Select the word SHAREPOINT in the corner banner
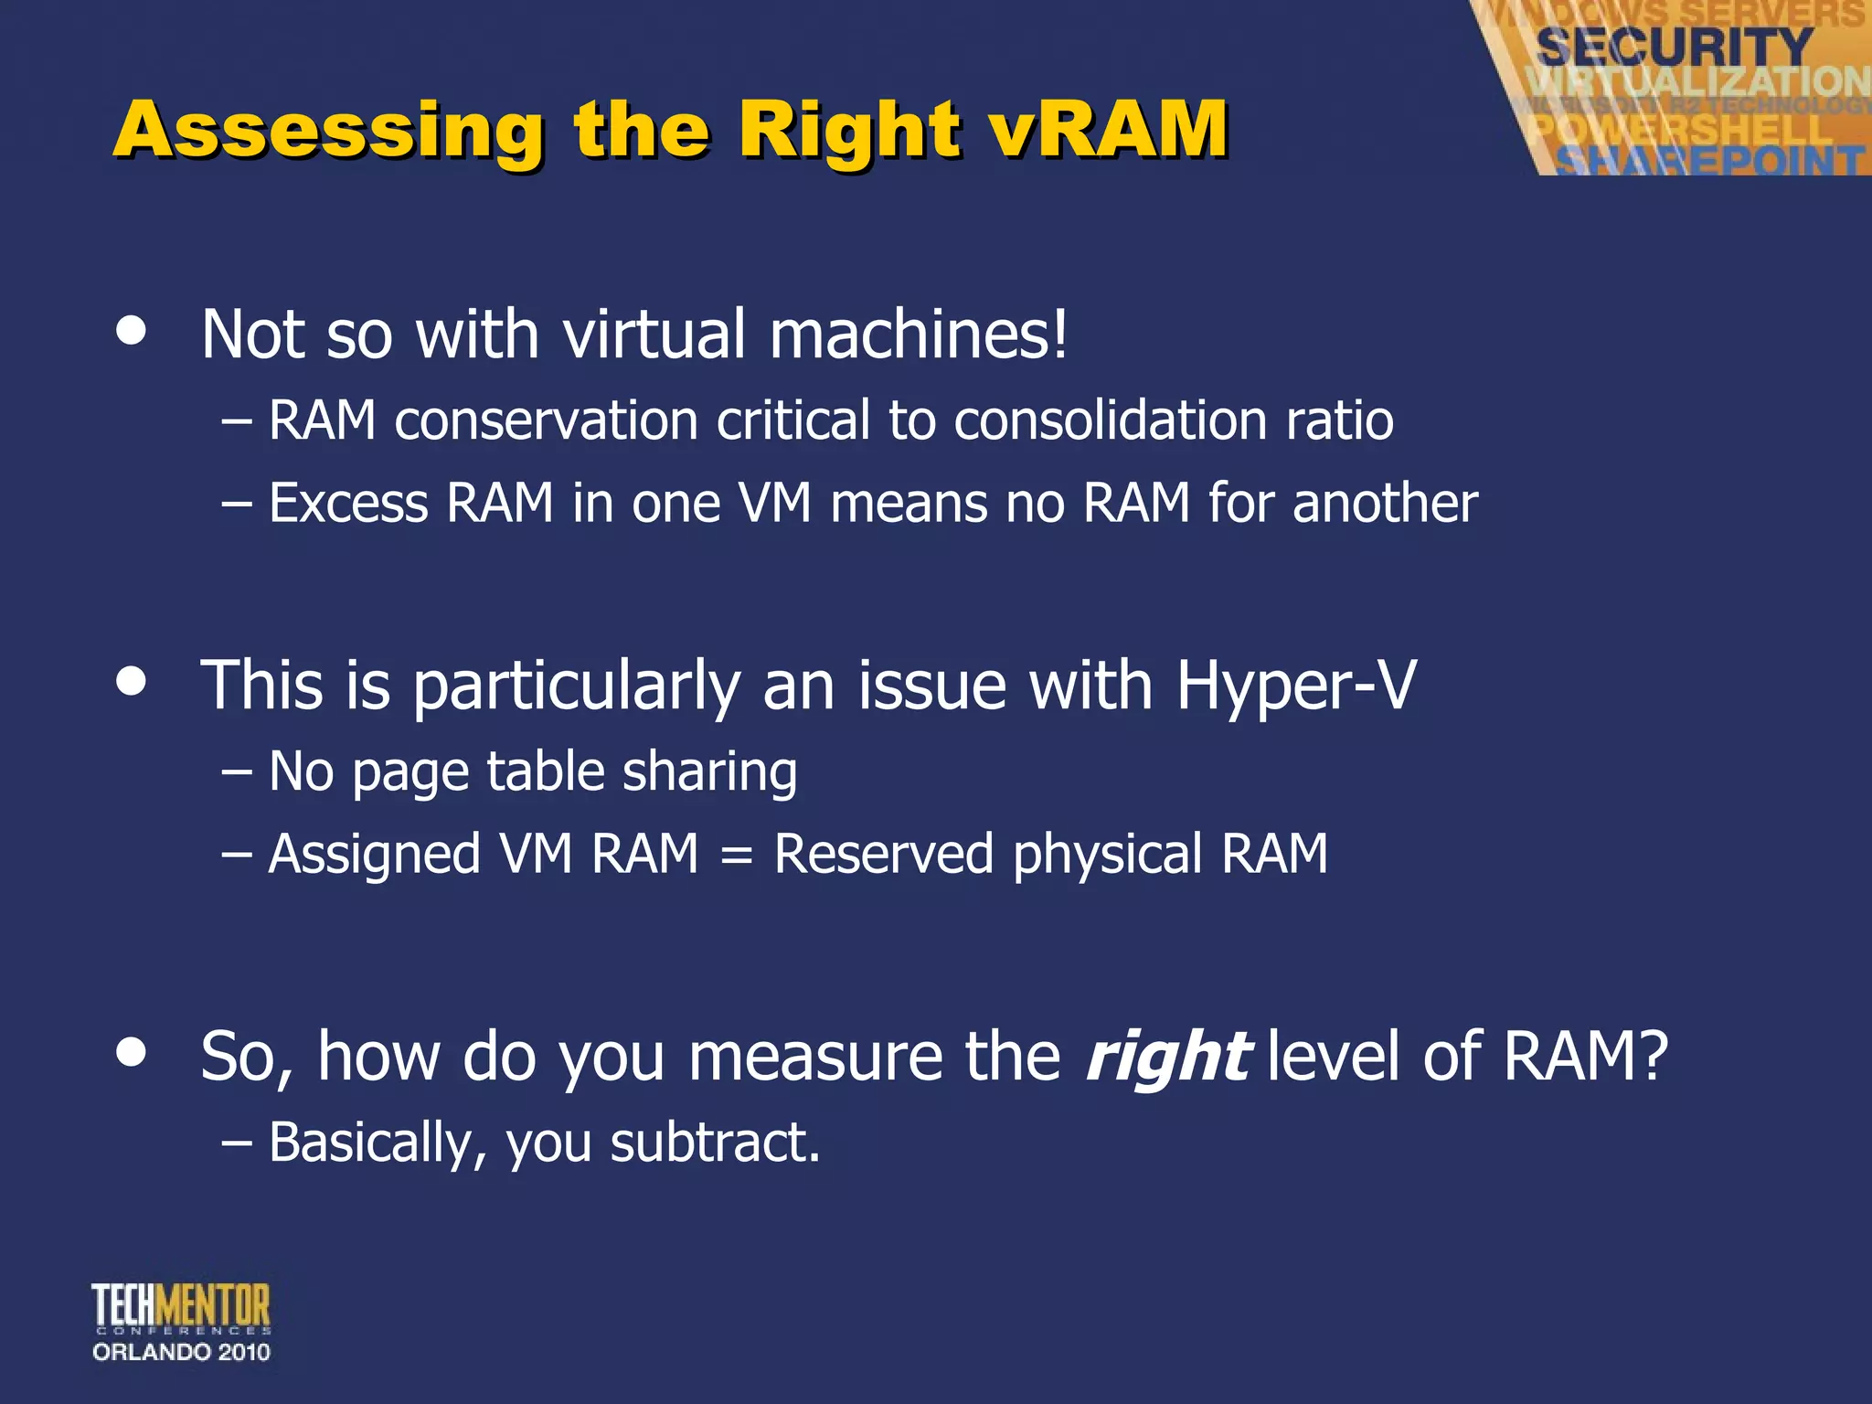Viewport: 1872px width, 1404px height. (x=1709, y=161)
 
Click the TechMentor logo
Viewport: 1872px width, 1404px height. (x=181, y=1307)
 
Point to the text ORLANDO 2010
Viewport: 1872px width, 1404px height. (x=181, y=1352)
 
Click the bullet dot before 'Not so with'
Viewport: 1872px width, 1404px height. (x=132, y=331)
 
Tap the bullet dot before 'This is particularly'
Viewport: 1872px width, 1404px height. (x=132, y=681)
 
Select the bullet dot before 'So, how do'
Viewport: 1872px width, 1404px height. (x=132, y=1051)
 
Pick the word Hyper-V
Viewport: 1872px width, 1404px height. (x=1295, y=686)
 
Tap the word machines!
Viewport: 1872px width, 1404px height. (x=918, y=335)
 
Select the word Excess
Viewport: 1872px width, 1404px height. (x=348, y=504)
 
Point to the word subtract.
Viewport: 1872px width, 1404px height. (x=715, y=1143)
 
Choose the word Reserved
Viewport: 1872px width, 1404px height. (x=883, y=855)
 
